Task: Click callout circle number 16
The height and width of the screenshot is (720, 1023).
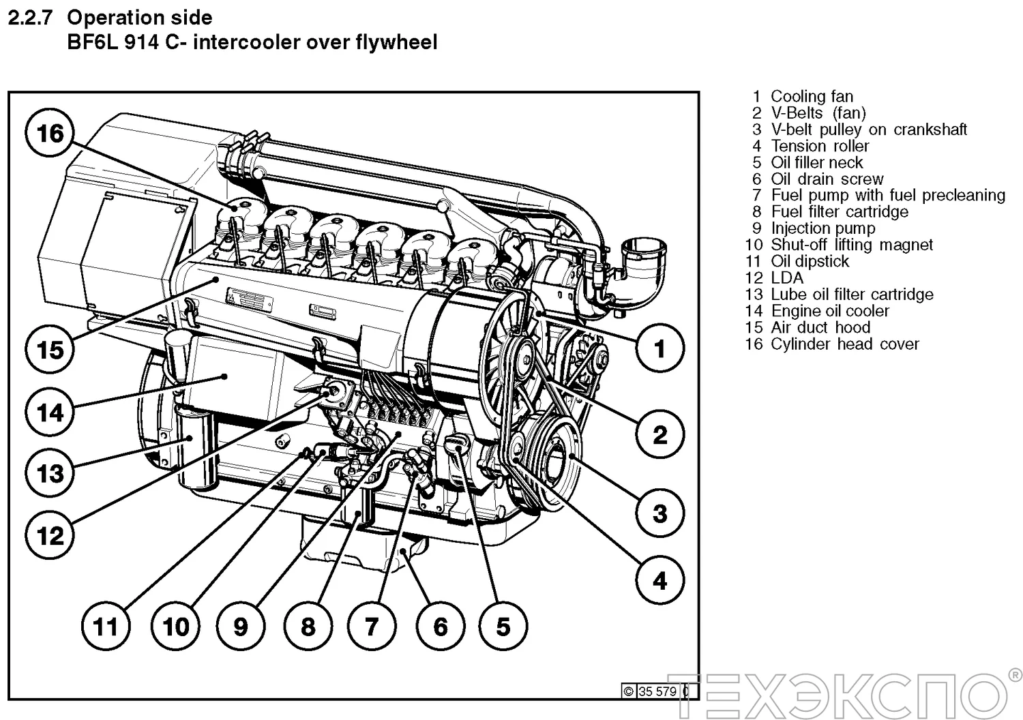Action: coord(50,134)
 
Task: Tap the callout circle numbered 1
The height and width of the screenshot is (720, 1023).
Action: coord(659,349)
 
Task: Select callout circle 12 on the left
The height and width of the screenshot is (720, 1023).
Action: coord(50,535)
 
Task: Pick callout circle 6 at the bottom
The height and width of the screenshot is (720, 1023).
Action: coord(440,627)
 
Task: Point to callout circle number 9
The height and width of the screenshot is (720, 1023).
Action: coord(240,627)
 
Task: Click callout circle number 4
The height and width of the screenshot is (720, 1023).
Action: coord(659,581)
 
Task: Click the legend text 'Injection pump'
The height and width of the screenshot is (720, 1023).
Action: coord(822,228)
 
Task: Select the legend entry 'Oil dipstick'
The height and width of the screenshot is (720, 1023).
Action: coord(810,261)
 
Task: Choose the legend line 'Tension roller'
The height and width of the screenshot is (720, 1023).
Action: coord(819,146)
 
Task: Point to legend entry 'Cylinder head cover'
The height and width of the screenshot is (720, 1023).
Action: coord(844,344)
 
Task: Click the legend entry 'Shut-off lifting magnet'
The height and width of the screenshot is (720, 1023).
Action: coord(851,245)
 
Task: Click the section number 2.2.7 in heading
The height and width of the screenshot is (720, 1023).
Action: coord(30,18)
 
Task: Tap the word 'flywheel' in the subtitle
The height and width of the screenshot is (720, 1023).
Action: coord(396,42)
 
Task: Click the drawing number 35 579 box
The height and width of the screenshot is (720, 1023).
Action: coord(657,691)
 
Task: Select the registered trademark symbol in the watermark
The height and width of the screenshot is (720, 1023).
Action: coord(1014,674)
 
